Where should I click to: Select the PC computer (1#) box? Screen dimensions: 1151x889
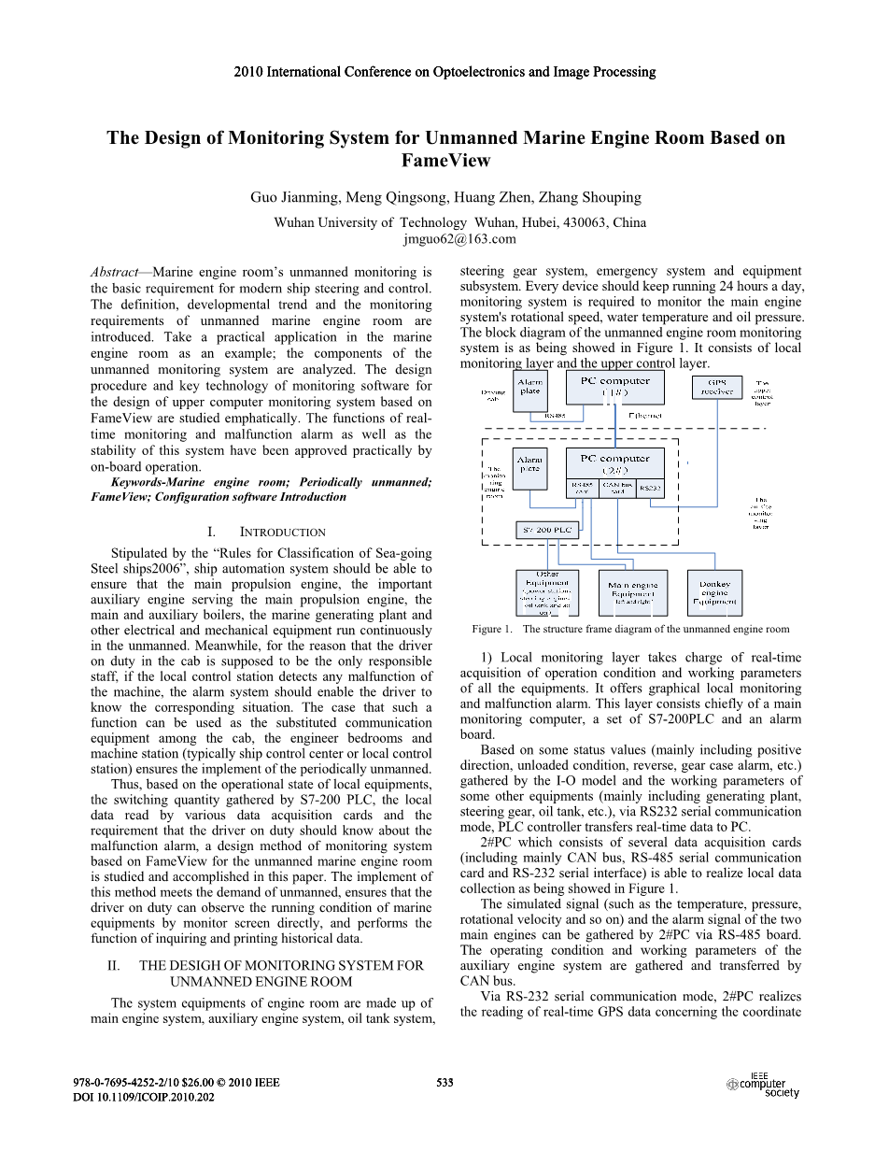[x=614, y=387]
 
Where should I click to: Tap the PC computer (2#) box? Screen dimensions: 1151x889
[x=614, y=463]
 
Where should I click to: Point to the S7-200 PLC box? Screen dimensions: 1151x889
[x=546, y=530]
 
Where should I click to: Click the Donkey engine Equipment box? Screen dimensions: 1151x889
[x=714, y=592]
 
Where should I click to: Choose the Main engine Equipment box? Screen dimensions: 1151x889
[x=632, y=592]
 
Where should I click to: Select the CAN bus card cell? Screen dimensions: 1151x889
[x=616, y=488]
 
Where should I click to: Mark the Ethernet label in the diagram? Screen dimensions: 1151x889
[x=644, y=415]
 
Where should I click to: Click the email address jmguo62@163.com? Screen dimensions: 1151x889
[x=459, y=238]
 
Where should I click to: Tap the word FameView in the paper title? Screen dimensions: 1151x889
[x=445, y=161]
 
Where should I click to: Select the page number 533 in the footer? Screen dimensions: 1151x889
[x=444, y=1083]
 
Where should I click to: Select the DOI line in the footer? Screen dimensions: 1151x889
[x=144, y=1097]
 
